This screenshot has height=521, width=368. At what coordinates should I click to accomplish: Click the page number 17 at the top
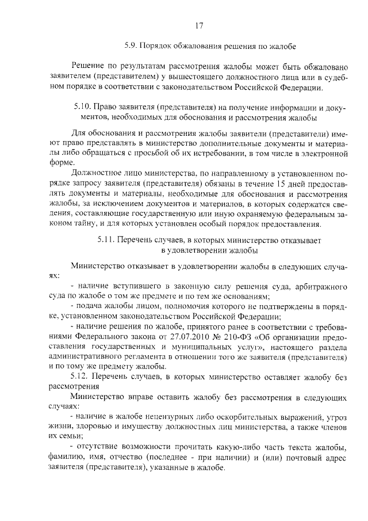pyautogui.click(x=199, y=25)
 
